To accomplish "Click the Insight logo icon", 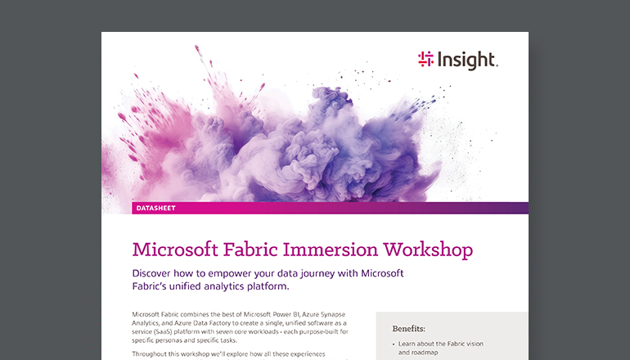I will point(425,58).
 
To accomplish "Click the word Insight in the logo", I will point(468,59).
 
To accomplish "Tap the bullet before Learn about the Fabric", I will point(394,344).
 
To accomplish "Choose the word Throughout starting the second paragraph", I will point(151,353).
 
